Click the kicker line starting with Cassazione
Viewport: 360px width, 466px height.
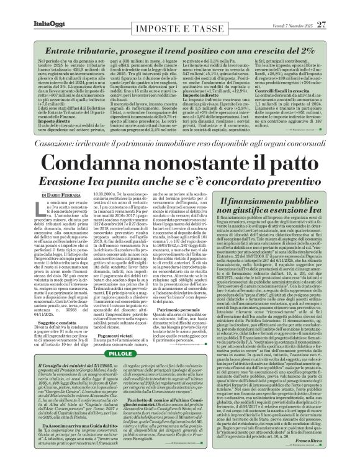coord(180,147)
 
